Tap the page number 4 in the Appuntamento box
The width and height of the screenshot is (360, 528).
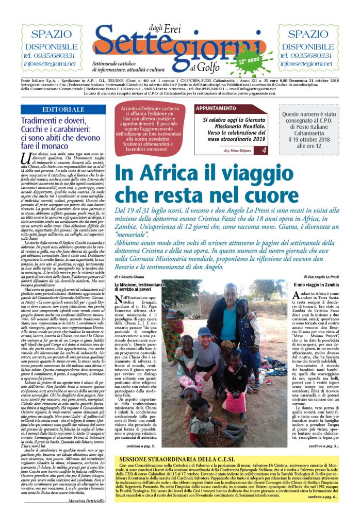[x=264, y=150]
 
